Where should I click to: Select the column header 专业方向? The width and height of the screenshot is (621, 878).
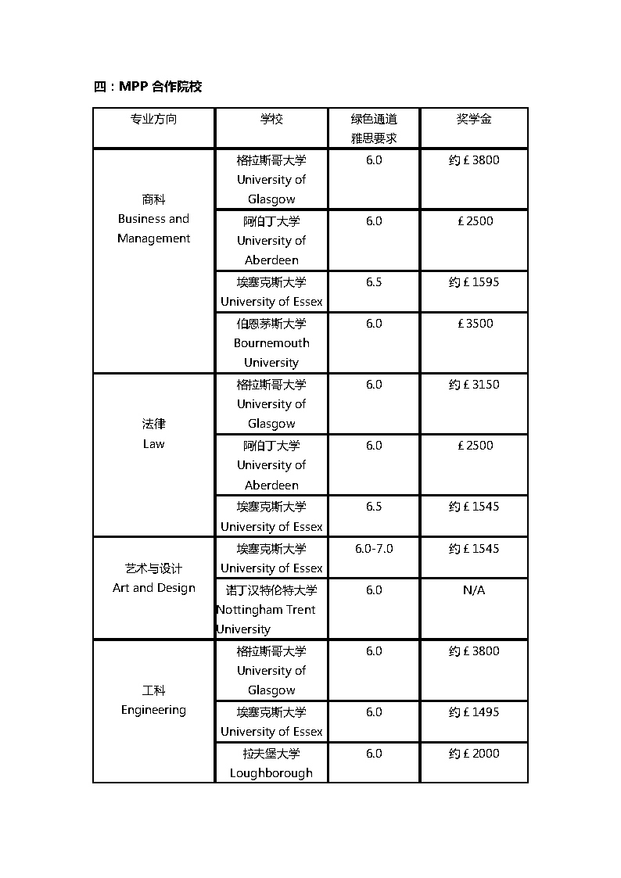click(153, 119)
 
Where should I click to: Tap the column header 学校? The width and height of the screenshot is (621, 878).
click(271, 119)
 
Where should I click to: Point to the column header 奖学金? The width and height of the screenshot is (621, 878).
click(474, 119)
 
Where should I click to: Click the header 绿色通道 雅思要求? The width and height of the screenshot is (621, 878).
click(374, 128)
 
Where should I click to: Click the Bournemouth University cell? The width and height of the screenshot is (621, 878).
click(271, 342)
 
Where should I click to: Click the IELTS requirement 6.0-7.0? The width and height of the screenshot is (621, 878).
click(374, 549)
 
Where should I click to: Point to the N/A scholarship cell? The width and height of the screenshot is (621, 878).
click(474, 590)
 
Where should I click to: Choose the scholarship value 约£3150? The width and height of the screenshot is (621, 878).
click(474, 385)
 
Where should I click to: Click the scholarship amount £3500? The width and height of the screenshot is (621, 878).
click(475, 324)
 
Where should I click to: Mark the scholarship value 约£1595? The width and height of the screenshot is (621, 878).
click(474, 282)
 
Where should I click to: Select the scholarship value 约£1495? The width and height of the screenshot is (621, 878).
click(474, 712)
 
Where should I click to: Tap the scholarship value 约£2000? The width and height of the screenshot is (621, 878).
click(474, 754)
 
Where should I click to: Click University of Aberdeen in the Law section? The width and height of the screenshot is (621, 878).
click(271, 465)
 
